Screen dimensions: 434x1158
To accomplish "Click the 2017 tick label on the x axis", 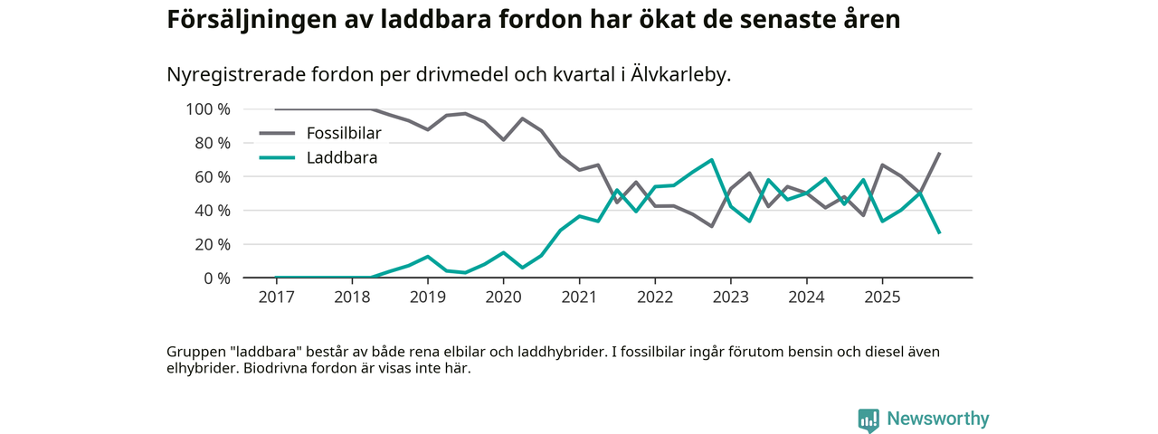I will (277, 297).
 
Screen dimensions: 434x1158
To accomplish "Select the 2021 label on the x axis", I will (579, 297).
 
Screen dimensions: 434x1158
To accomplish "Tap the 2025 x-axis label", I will (882, 297).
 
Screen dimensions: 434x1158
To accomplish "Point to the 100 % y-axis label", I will (208, 109).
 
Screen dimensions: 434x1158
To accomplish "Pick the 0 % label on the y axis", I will (216, 278).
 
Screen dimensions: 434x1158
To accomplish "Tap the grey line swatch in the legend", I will (277, 134).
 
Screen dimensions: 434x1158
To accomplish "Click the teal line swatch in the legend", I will (277, 157).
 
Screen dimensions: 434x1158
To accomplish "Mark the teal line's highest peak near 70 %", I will (712, 160).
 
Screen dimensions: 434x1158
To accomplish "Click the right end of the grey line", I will (939, 153).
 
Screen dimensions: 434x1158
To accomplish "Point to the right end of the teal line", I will (939, 232).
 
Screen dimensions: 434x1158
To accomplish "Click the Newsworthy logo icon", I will (868, 420).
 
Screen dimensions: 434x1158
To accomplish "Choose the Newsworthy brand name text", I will (938, 420).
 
